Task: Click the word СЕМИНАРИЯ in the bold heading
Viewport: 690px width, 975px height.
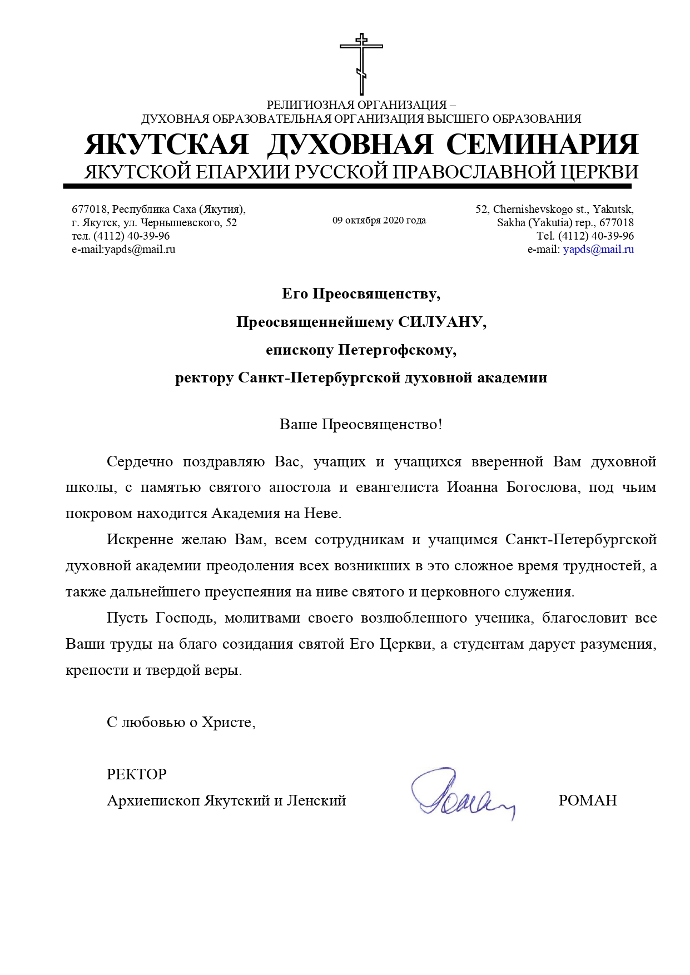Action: (x=542, y=145)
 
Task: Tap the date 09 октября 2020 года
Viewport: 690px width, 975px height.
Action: (x=379, y=221)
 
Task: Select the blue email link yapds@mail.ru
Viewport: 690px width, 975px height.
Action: (x=598, y=250)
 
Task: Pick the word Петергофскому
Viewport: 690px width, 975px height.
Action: (x=397, y=350)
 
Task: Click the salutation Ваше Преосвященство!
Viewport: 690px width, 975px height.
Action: (x=361, y=425)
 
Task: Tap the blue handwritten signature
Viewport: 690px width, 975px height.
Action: (x=461, y=794)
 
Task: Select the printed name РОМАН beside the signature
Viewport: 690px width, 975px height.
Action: (x=587, y=800)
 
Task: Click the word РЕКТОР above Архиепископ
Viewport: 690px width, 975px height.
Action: (x=137, y=774)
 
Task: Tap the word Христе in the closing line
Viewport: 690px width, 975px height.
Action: (x=227, y=723)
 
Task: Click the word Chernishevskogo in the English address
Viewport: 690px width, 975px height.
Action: (x=533, y=210)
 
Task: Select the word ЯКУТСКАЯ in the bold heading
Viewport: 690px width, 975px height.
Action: (x=167, y=145)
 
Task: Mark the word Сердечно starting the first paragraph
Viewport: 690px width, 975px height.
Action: (x=140, y=462)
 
